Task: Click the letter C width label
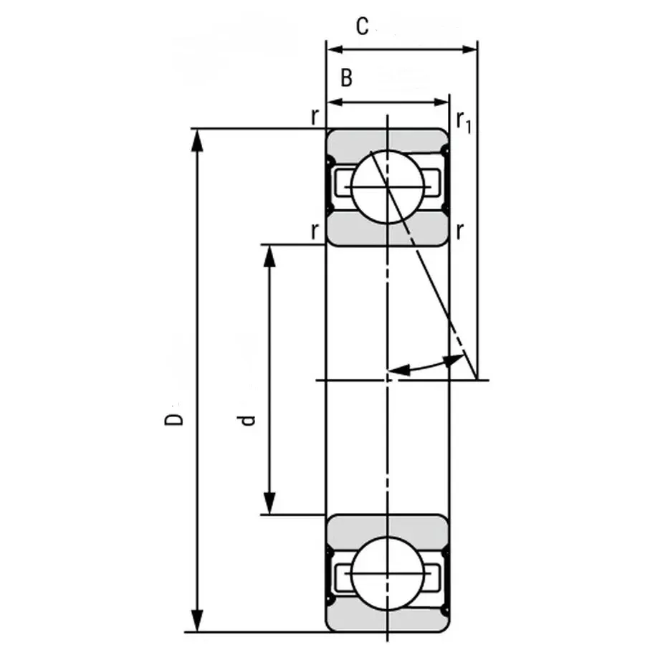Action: tap(363, 27)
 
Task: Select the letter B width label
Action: tap(346, 78)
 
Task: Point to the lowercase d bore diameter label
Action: tap(248, 420)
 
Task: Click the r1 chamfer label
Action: tap(464, 122)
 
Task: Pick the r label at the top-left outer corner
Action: tap(315, 117)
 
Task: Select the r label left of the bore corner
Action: tap(315, 231)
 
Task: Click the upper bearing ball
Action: tap(388, 186)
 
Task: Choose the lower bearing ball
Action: tap(388, 574)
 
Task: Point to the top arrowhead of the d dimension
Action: tap(269, 255)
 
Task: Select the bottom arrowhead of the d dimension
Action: tap(269, 503)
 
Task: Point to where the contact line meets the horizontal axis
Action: tap(477, 380)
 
